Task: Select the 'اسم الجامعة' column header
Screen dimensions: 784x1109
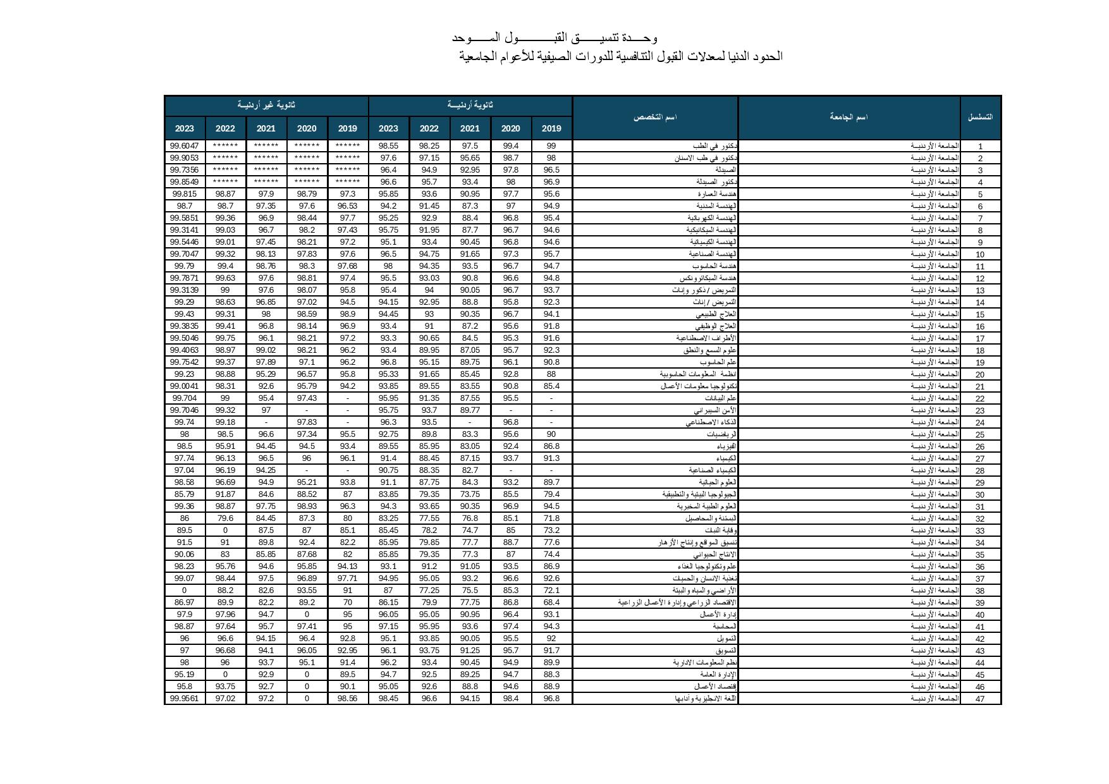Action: point(849,118)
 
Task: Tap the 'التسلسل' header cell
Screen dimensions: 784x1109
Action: point(980,118)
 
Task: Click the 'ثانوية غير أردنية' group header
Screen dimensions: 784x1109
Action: point(266,105)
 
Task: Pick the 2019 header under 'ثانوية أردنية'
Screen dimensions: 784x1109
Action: point(551,128)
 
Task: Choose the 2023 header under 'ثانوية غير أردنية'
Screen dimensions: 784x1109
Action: point(185,128)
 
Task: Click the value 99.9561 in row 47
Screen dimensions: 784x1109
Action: point(185,699)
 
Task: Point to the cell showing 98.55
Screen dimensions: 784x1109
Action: point(388,146)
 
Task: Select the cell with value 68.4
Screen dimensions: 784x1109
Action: point(551,603)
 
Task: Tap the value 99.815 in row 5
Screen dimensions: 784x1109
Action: point(185,194)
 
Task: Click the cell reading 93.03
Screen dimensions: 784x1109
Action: point(429,278)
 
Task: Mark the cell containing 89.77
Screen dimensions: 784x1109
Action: point(470,410)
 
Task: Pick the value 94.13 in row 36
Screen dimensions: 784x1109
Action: point(347,567)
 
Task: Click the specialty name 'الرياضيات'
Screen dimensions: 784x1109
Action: point(721,434)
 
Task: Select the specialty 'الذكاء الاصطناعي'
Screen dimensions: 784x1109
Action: point(711,422)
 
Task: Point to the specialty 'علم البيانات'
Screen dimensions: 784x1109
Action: point(720,398)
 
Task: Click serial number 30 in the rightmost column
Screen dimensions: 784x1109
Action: point(980,495)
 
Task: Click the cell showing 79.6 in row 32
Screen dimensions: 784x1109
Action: point(225,518)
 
